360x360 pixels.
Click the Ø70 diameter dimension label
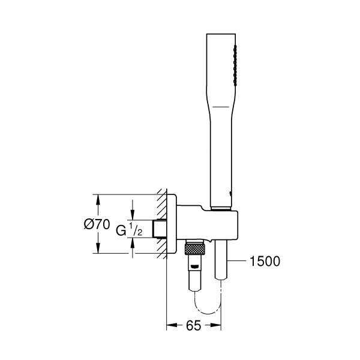click(97, 224)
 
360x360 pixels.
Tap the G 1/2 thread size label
click(129, 230)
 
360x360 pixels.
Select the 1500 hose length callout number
click(265, 261)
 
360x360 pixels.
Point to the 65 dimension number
click(193, 326)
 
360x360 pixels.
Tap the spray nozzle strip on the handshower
click(235, 65)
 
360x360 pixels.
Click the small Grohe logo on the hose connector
click(194, 266)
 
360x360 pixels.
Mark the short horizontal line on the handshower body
click(221, 107)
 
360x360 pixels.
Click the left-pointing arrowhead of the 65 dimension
click(172, 325)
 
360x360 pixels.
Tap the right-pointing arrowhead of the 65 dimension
click(216, 325)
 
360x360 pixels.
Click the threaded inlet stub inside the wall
click(160, 229)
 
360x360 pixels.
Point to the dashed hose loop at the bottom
click(208, 311)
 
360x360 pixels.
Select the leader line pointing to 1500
click(237, 260)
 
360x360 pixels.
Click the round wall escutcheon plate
click(172, 224)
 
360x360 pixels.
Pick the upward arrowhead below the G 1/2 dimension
click(132, 243)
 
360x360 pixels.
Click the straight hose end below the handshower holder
click(221, 259)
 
